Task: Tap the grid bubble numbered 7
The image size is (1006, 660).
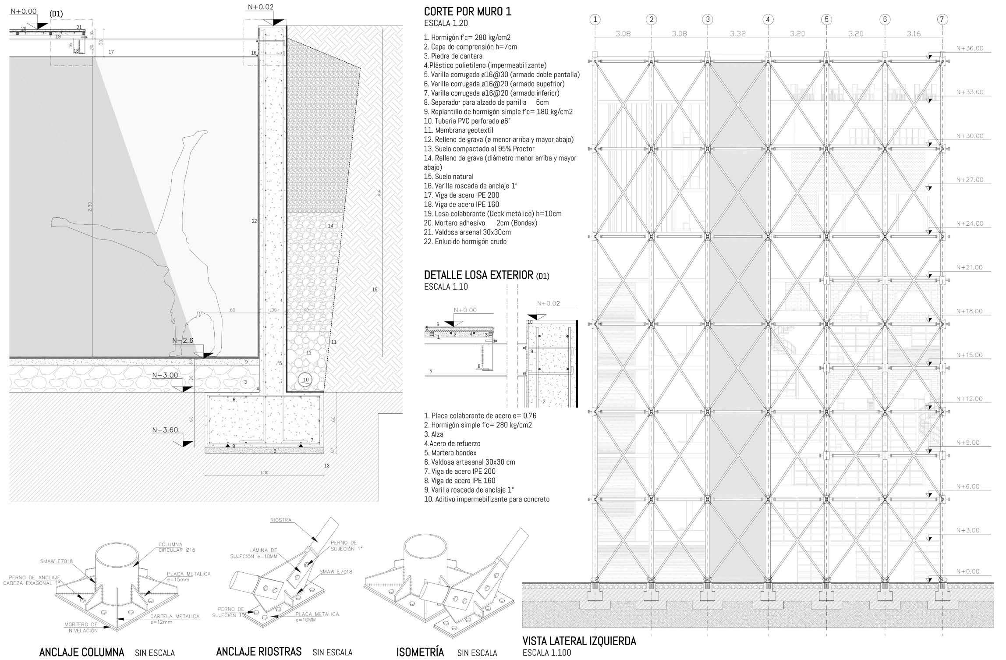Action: (942, 19)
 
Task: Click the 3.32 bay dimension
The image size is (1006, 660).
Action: (738, 34)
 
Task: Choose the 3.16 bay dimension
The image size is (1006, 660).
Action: (914, 34)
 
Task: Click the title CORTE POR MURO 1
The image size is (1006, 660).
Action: (468, 12)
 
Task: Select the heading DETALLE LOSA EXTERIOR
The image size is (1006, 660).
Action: (479, 275)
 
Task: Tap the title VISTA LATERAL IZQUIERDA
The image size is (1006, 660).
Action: (579, 641)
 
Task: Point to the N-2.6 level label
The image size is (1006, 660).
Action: (183, 341)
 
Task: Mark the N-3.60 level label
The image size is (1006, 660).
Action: (165, 430)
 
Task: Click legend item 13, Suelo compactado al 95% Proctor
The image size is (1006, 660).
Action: (479, 149)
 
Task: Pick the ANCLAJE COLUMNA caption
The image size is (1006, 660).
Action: (81, 652)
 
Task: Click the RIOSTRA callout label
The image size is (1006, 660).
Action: (281, 520)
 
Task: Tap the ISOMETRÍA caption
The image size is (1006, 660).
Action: (420, 652)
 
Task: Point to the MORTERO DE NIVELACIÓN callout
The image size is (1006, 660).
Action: (81, 627)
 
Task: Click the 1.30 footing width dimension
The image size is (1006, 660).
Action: (264, 473)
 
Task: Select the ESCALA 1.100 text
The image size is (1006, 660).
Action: (547, 653)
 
